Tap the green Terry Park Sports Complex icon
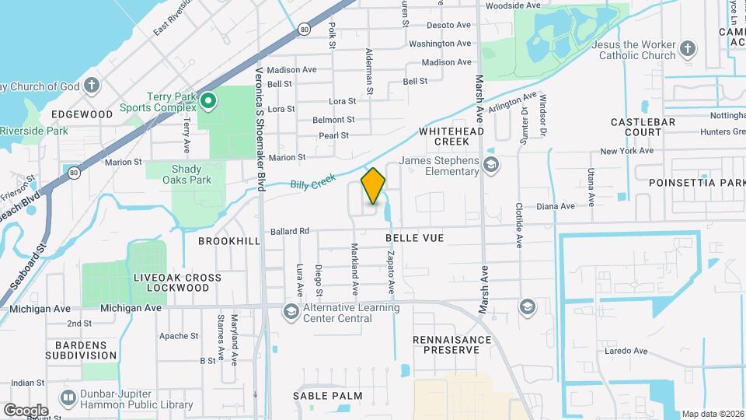pyautogui.click(x=207, y=100)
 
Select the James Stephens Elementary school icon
pyautogui.click(x=490, y=164)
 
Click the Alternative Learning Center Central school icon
pyautogui.click(x=291, y=312)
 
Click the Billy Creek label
pyautogui.click(x=313, y=183)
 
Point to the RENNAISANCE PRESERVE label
pyautogui.click(x=451, y=345)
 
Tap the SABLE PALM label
pyautogui.click(x=327, y=396)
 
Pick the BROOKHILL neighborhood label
pyautogui.click(x=228, y=241)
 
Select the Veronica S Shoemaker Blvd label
pyautogui.click(x=260, y=117)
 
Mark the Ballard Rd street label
pyautogui.click(x=290, y=231)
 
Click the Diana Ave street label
pyautogui.click(x=556, y=206)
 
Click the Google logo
pyautogui.click(x=26, y=410)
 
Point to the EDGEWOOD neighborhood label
pyautogui.click(x=82, y=114)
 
